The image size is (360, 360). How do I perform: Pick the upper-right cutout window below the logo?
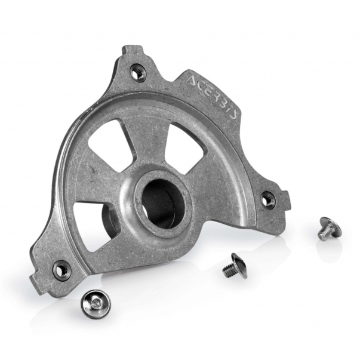click(x=185, y=147)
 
